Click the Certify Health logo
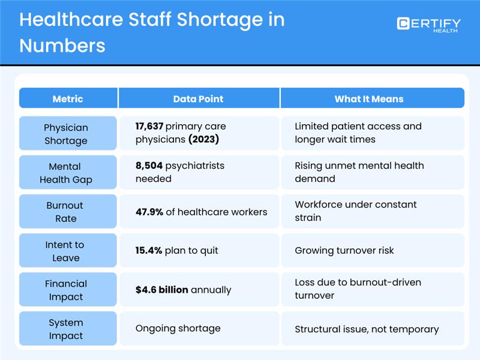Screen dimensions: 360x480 click(x=428, y=25)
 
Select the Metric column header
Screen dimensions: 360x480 click(x=68, y=98)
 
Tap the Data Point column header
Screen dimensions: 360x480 click(x=198, y=98)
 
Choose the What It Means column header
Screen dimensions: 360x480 click(x=369, y=98)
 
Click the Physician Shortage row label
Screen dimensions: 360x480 click(x=66, y=134)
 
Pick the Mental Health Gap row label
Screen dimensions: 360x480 click(x=66, y=172)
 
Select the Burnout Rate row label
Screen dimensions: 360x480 click(x=66, y=211)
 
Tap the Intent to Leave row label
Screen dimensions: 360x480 click(x=66, y=251)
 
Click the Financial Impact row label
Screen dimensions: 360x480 click(x=66, y=290)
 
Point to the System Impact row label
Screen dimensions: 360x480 click(x=66, y=329)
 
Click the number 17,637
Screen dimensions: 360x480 click(x=149, y=127)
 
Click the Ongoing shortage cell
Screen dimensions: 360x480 click(x=178, y=329)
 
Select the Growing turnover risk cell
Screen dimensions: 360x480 click(x=344, y=251)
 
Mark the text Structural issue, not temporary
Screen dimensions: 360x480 click(x=367, y=329)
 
